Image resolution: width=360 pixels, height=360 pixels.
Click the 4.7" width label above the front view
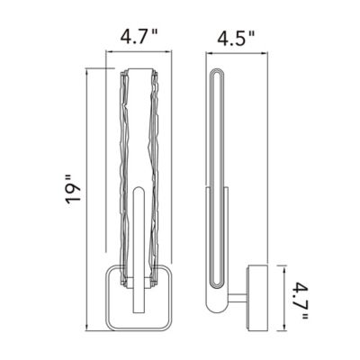pyautogui.click(x=139, y=37)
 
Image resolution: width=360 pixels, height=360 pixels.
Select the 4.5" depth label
pyautogui.click(x=236, y=38)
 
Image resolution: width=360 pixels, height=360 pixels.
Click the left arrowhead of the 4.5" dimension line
pyautogui.click(x=209, y=54)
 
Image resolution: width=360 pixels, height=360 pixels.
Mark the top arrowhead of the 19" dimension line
pyautogui.click(x=86, y=71)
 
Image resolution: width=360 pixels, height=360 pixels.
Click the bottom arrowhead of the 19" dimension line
pyautogui.click(x=86, y=328)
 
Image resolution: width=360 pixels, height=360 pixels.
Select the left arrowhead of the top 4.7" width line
pyautogui.click(x=109, y=52)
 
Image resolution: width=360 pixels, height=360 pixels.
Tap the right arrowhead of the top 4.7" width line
pyautogui.click(x=168, y=52)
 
